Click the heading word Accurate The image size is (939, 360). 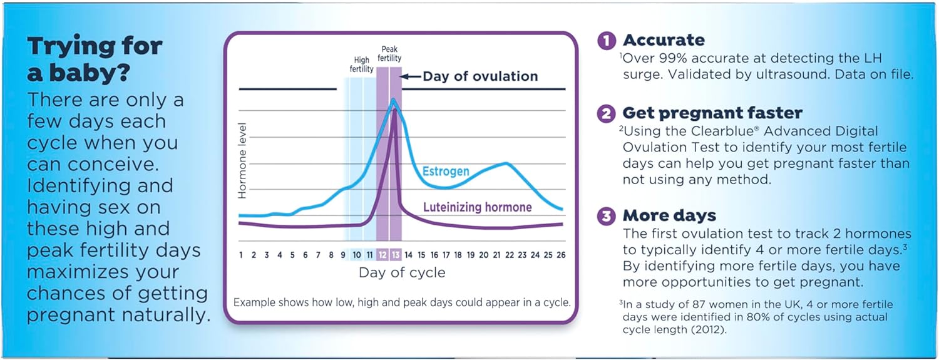coord(664,41)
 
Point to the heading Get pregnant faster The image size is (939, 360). coord(712,113)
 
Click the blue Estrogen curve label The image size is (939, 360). coord(446,171)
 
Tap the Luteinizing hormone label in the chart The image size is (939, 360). coord(478,207)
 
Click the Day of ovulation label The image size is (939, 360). coord(480,76)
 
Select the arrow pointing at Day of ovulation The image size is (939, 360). coord(410,76)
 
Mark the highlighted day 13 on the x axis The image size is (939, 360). coord(396,255)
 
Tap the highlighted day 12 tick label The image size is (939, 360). coord(382,255)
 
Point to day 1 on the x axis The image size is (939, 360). coord(241,255)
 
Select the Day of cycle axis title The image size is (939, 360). coord(402,273)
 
